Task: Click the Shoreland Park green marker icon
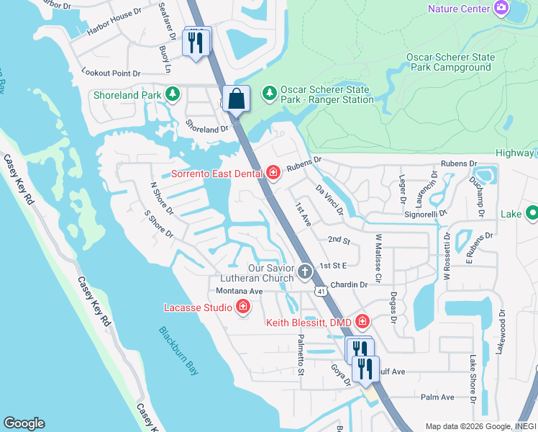click(173, 94)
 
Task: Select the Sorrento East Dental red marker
click(273, 172)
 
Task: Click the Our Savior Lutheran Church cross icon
click(305, 271)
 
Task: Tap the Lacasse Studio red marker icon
click(243, 307)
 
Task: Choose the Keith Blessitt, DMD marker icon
click(362, 321)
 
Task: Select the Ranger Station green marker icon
click(270, 93)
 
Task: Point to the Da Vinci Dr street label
click(330, 199)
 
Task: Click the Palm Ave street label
click(437, 397)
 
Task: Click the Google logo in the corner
click(24, 423)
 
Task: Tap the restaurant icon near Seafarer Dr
click(195, 42)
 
